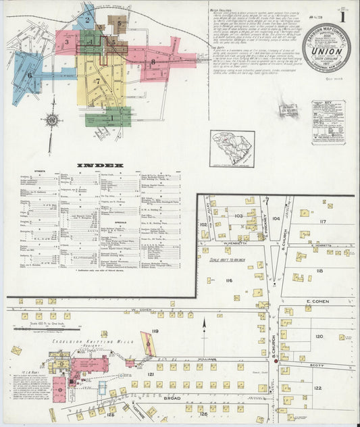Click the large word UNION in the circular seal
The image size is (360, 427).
[x=326, y=49]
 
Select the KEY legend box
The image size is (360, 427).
[x=328, y=122]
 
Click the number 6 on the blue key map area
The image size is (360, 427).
[x=30, y=75]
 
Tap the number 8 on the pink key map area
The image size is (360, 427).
[x=153, y=62]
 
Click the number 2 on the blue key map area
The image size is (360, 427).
[x=87, y=20]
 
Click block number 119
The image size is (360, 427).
[x=155, y=330]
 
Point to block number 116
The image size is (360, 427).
[x=229, y=280]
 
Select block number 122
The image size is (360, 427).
[x=317, y=388]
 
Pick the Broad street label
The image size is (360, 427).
[x=174, y=399]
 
